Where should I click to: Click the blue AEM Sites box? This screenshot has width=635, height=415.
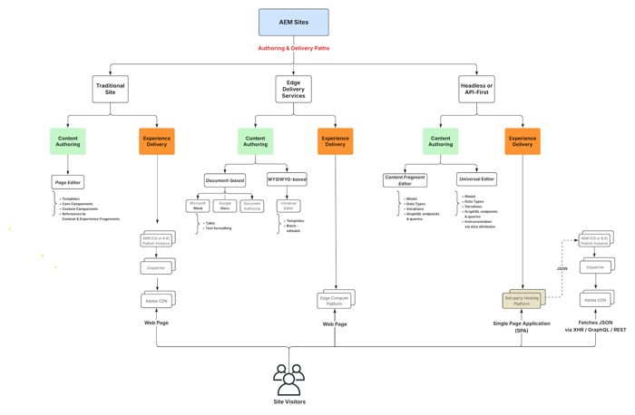293,22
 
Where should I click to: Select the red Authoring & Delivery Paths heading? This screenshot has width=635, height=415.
293,48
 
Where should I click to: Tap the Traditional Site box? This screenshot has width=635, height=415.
111,89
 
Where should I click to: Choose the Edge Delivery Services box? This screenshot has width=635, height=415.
293,89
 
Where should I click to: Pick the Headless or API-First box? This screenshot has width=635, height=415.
476,89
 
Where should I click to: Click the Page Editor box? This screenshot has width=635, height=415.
68,182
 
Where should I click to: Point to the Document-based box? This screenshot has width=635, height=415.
224,180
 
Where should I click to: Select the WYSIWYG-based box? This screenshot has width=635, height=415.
287,179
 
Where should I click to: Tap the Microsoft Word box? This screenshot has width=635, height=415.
198,207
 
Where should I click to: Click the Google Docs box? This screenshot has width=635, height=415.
225,207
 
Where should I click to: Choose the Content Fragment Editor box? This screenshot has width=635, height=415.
405,180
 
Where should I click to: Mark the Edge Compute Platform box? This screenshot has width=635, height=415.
335,300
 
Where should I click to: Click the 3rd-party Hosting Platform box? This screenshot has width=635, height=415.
522,300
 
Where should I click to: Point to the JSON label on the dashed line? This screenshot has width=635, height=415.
562,269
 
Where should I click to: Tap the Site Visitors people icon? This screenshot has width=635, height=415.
289,380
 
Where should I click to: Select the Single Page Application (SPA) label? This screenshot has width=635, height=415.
522,326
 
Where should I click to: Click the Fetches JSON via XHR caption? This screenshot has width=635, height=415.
595,326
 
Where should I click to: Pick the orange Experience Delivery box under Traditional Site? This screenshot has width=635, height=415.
157,141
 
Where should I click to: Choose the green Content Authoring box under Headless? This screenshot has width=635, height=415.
440,141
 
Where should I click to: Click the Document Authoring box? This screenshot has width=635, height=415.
252,207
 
